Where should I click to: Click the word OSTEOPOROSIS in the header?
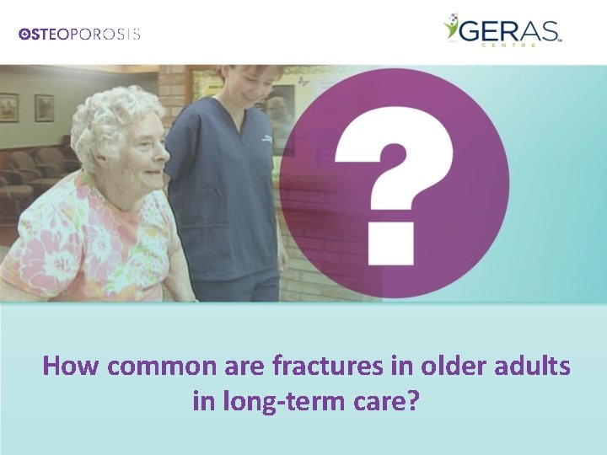point(79,35)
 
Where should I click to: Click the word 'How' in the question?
point(70,367)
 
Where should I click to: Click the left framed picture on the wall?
point(8,107)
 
